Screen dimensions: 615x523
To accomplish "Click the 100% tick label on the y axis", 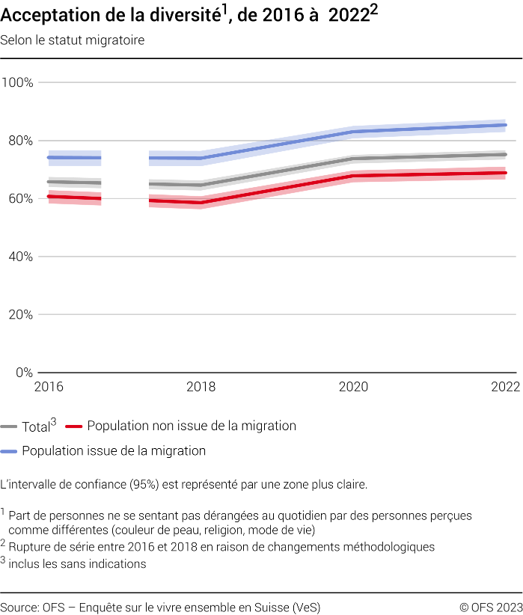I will tap(17, 82).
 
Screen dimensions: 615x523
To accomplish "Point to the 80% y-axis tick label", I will tap(20, 141).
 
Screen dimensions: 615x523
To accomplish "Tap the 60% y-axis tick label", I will tap(20, 198).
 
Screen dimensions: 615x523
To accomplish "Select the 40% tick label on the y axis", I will tap(20, 257).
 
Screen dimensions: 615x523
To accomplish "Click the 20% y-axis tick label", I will tap(20, 314).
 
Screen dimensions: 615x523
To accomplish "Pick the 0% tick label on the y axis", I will tap(24, 372).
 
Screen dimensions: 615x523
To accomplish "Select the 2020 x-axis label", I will tap(352, 387).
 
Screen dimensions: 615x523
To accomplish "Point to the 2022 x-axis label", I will tap(505, 387).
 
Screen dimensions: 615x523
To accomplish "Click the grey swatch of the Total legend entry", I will tap(9, 427).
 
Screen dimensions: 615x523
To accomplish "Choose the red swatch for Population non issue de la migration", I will tap(73, 427).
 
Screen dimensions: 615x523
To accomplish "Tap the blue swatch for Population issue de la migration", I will tap(9, 452).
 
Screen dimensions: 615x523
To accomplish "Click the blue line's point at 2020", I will tap(352, 132).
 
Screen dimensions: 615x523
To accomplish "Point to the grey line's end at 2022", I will tap(506, 154).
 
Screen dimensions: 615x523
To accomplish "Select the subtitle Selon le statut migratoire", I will tap(73, 40).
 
